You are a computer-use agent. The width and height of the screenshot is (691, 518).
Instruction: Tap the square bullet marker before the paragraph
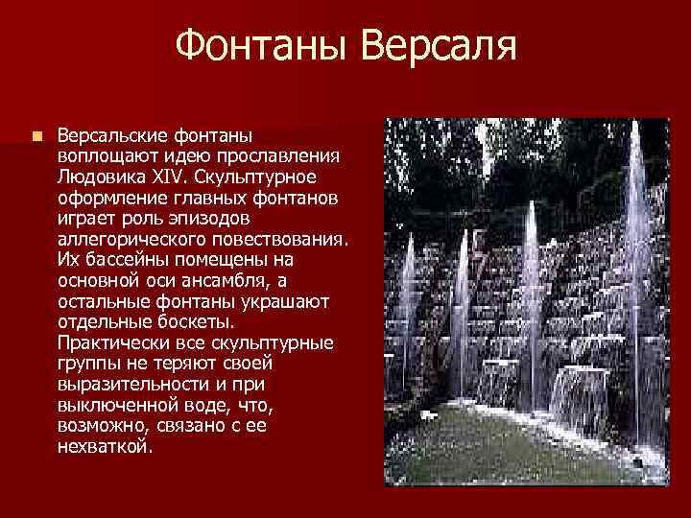coord(36,137)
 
